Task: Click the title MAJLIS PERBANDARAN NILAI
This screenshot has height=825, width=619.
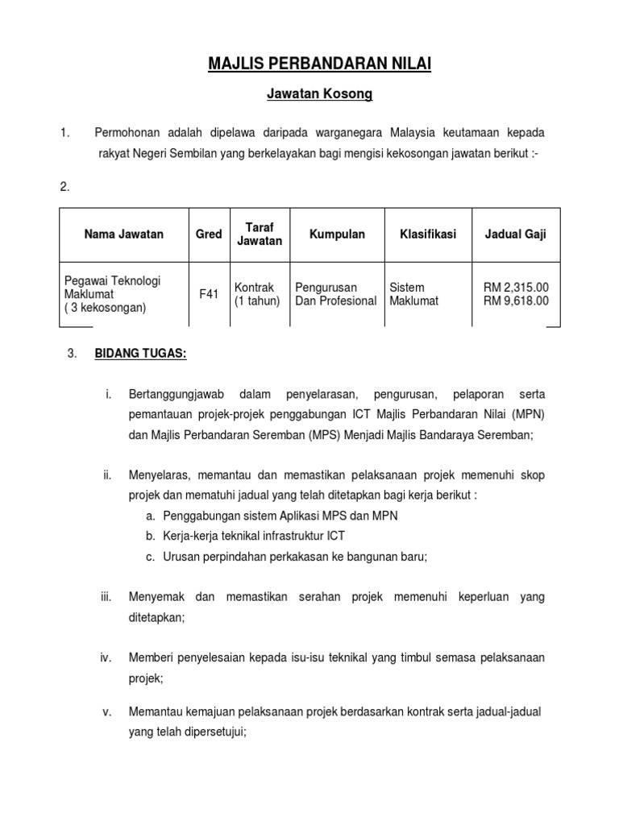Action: tap(320, 64)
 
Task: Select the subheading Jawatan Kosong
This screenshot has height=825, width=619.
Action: tap(320, 94)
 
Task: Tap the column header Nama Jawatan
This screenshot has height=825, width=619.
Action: tap(124, 234)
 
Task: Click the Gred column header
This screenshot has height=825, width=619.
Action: tap(209, 234)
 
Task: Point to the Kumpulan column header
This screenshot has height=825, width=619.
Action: tap(337, 234)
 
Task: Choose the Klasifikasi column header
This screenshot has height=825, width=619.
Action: tap(428, 234)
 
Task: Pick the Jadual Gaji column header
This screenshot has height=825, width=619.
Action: tap(516, 234)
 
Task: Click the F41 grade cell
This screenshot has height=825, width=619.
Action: tap(209, 295)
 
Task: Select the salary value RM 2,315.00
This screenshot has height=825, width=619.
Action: tap(516, 288)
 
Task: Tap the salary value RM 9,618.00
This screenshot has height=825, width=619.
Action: tap(516, 301)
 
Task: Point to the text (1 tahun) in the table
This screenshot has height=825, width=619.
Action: tap(257, 301)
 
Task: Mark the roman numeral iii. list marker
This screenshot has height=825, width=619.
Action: tap(106, 597)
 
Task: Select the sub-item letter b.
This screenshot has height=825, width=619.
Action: tap(151, 535)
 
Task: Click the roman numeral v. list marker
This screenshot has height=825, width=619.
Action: tap(106, 712)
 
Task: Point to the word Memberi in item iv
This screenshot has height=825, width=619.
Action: tap(150, 658)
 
